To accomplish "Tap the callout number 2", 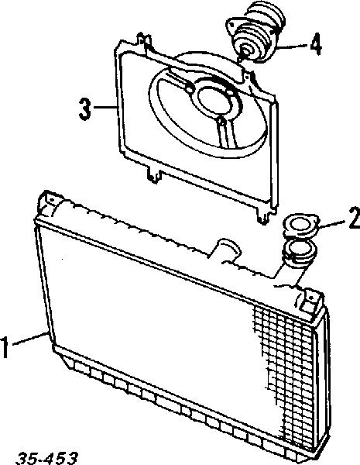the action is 355,218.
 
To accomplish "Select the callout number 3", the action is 84,109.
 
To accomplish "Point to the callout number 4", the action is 316,44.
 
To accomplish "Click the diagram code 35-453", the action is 46,458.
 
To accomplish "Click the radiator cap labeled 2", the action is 300,226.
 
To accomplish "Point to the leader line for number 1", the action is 29,339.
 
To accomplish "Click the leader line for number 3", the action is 105,107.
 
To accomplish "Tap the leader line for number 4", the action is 292,46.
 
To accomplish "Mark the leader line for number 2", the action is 332,224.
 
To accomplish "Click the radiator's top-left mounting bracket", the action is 48,203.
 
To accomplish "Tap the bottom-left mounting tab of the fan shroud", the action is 154,174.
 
